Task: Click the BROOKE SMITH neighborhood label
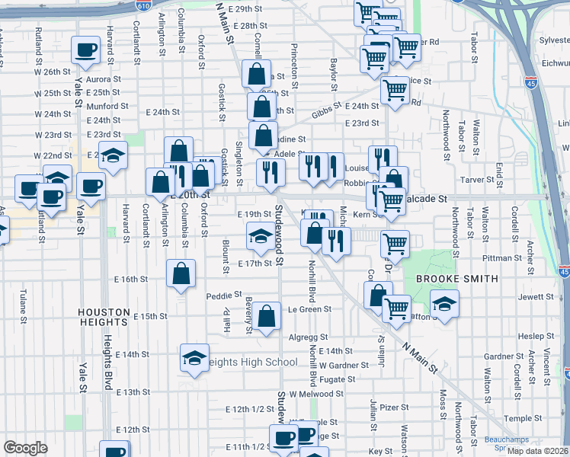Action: click(456, 279)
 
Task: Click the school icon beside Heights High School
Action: click(194, 356)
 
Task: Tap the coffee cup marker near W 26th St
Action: click(86, 50)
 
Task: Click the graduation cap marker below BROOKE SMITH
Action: click(444, 304)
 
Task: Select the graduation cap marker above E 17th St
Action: click(261, 235)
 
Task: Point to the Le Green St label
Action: click(309, 309)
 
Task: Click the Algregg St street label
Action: click(308, 337)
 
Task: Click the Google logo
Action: click(25, 448)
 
